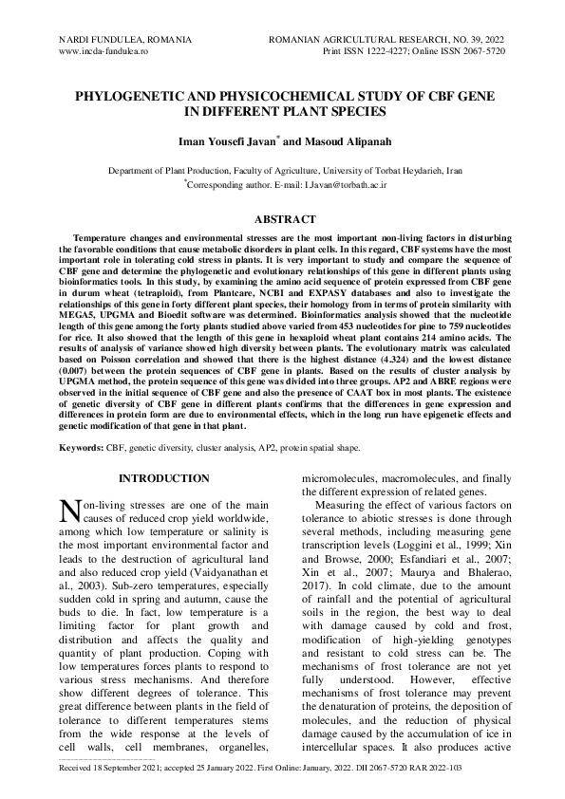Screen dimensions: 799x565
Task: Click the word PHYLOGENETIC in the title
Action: point(132,98)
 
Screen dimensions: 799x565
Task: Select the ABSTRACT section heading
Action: point(282,219)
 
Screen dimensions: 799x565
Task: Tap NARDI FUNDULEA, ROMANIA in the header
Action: point(125,39)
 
